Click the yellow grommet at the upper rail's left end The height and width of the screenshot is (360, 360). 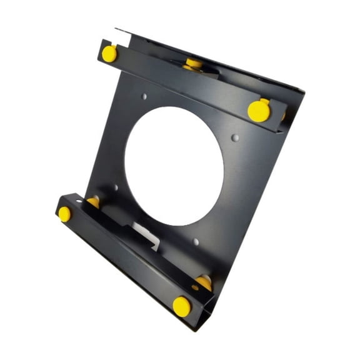(x=109, y=53)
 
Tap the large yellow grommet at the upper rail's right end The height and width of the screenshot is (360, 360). (x=259, y=111)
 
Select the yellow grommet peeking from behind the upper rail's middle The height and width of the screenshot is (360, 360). (x=193, y=63)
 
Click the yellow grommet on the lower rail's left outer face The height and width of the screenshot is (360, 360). (x=64, y=214)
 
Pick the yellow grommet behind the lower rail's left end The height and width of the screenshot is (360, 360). (x=94, y=201)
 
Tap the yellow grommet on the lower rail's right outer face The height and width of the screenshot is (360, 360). (x=182, y=306)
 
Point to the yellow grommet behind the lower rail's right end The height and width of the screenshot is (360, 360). (x=204, y=282)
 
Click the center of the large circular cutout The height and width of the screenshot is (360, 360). (x=174, y=166)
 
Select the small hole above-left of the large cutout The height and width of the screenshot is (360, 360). (x=145, y=97)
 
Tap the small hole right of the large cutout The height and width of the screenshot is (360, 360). (x=235, y=136)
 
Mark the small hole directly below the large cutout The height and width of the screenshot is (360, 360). (x=196, y=241)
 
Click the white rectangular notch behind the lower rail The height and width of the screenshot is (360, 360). (x=145, y=234)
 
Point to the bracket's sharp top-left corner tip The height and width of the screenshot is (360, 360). (x=116, y=28)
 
